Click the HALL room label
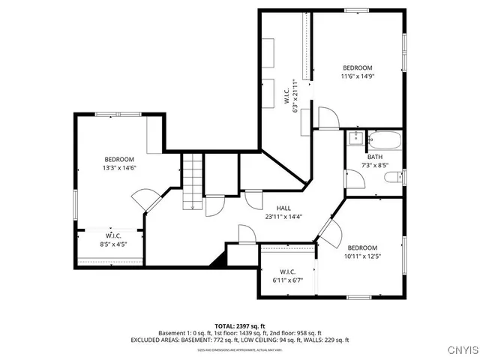(x=283, y=208)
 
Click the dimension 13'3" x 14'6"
(x=119, y=168)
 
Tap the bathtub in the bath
(x=383, y=140)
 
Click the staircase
(x=193, y=181)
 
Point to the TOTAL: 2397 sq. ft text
(x=240, y=326)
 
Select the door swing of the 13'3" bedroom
(x=145, y=199)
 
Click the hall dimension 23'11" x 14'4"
(x=283, y=217)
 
